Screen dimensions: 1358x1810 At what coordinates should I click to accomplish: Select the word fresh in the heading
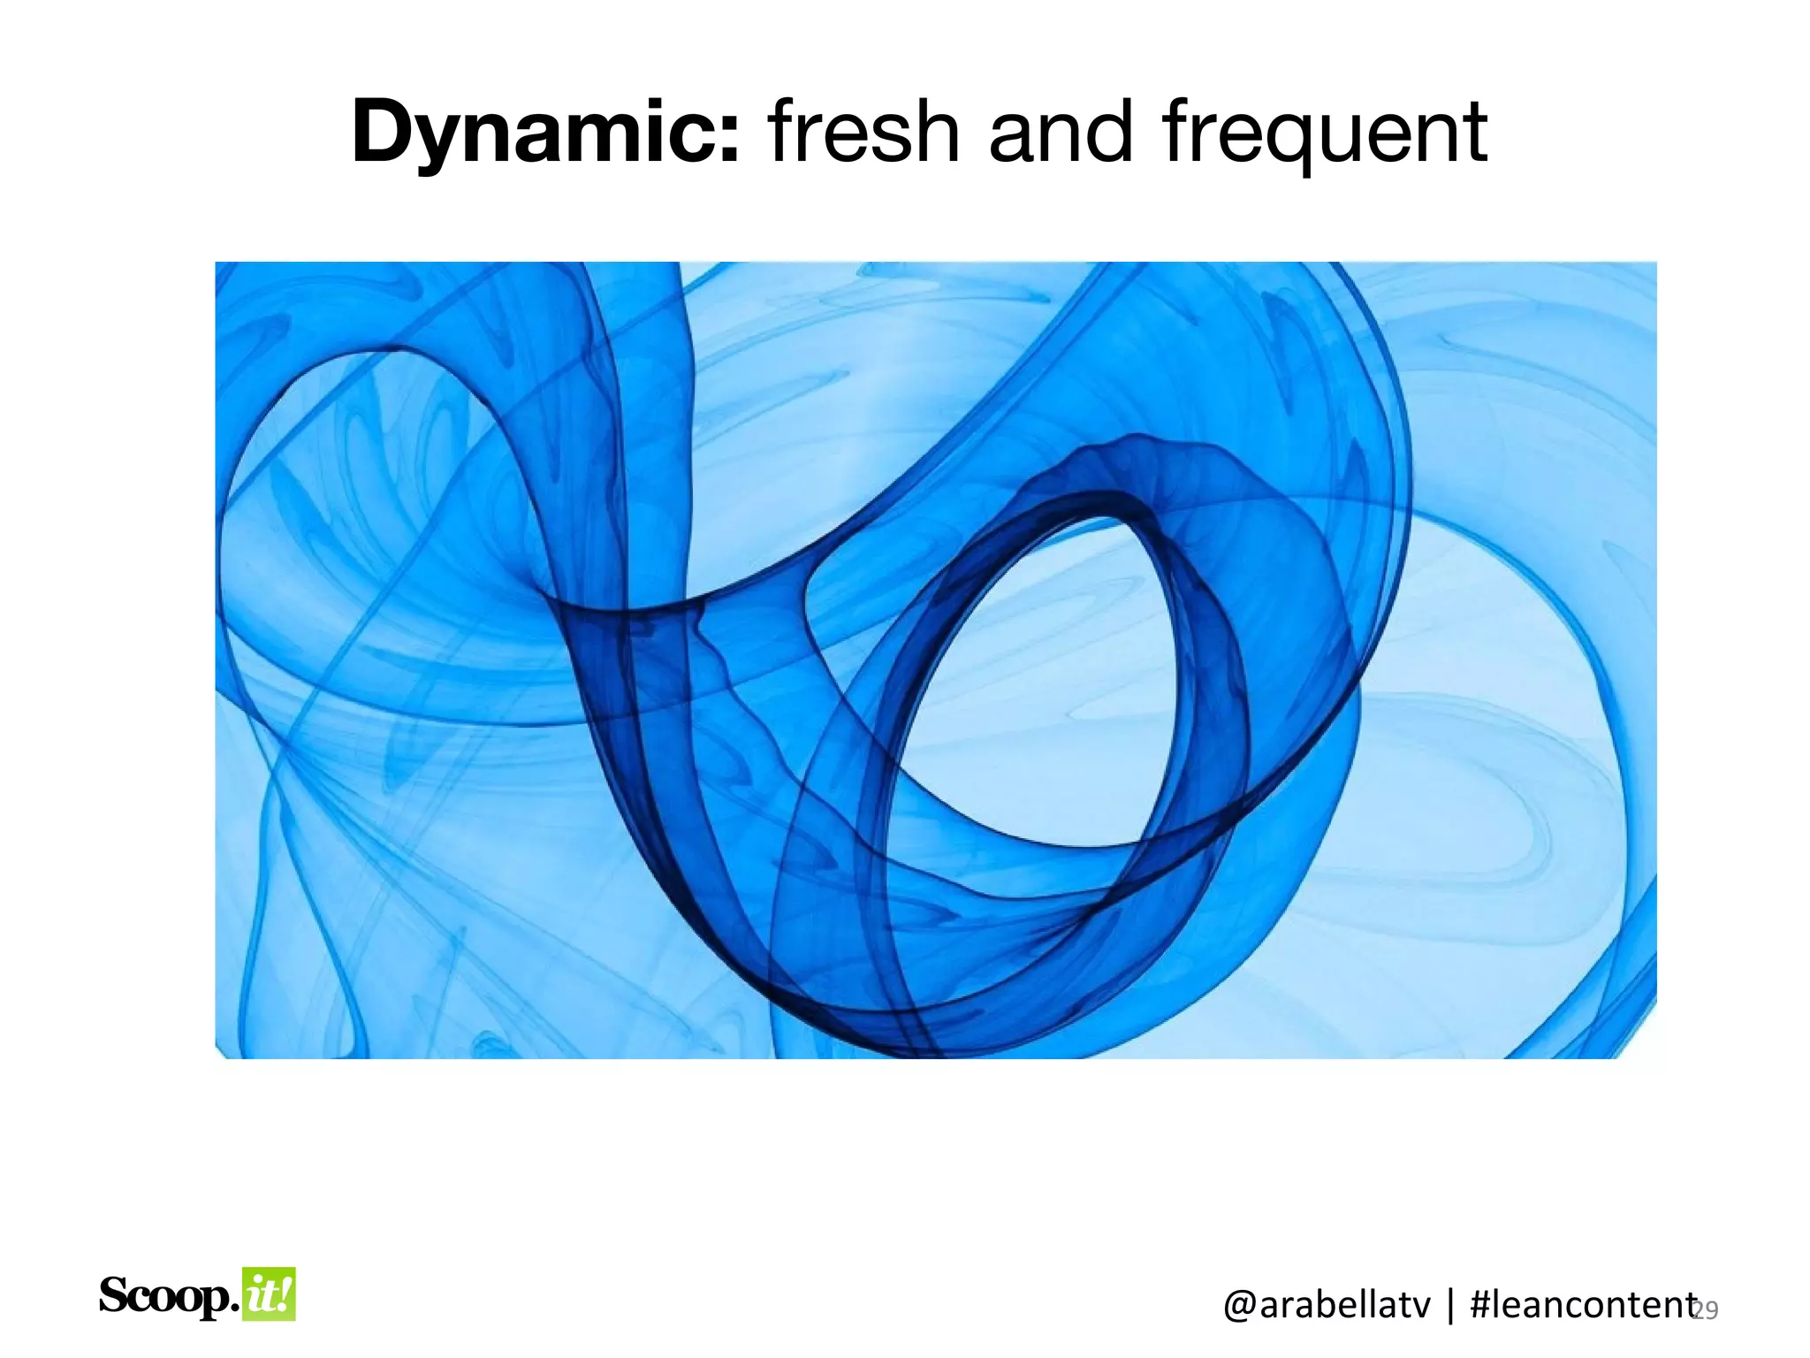coord(863,133)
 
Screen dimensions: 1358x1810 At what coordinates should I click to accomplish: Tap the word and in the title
coord(1061,133)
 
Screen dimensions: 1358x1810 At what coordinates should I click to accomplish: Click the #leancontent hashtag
coord(1582,1305)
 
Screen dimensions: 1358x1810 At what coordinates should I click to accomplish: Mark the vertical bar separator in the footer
coord(1449,1305)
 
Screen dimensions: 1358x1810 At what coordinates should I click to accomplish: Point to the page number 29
coord(1707,1310)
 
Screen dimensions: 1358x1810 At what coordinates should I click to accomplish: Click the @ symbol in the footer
coord(1238,1306)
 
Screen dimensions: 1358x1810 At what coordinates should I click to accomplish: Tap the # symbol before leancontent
coord(1482,1305)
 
